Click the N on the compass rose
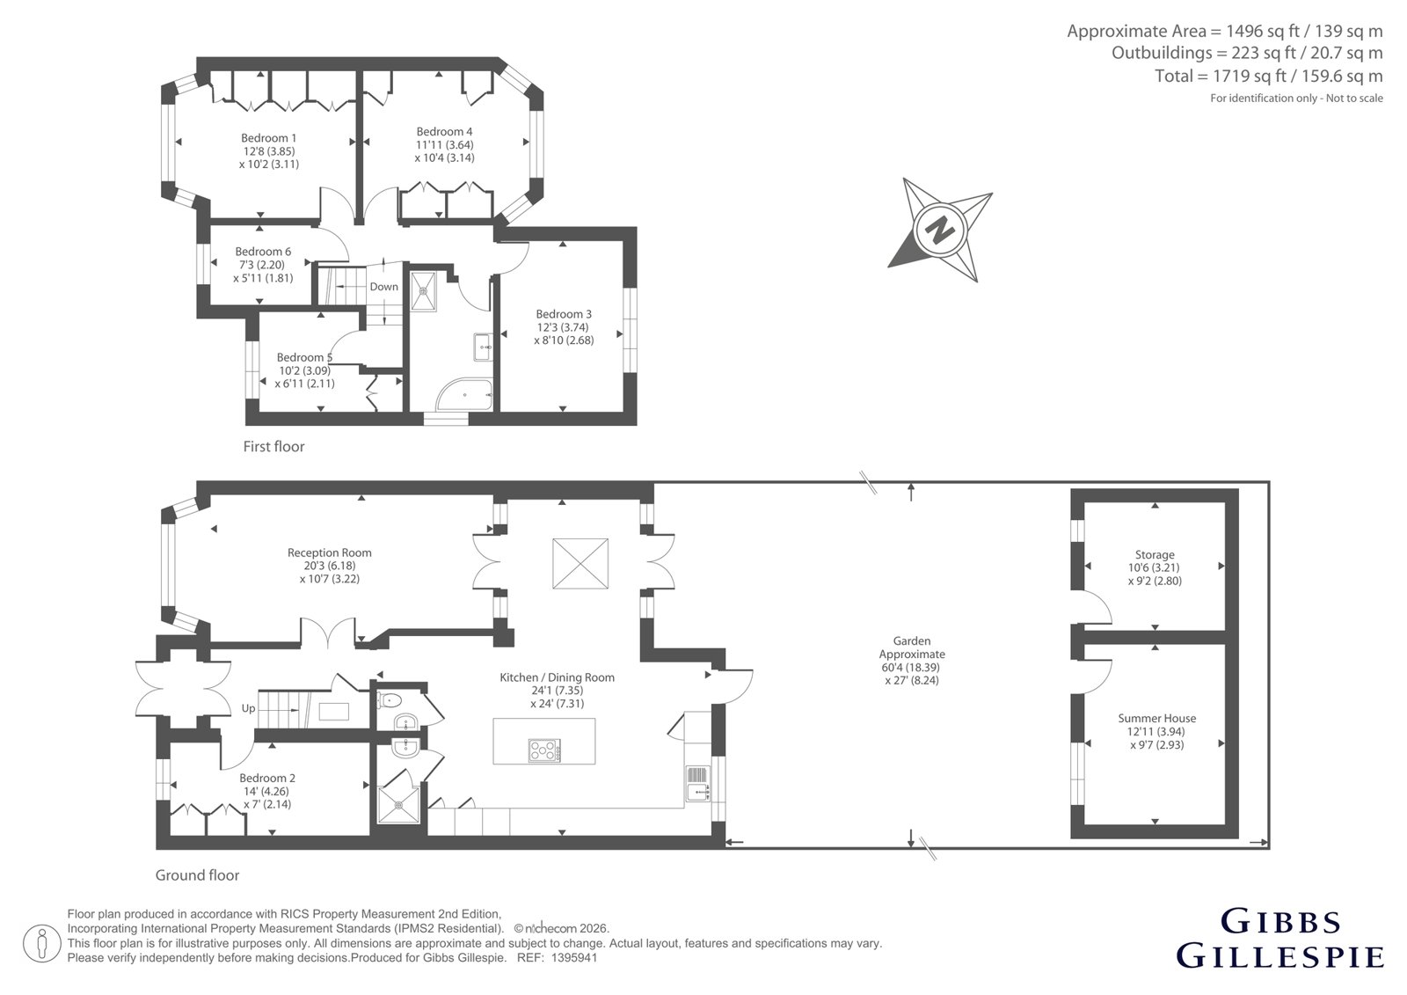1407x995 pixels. pos(940,230)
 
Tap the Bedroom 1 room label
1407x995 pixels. pos(269,137)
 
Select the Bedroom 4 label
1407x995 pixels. pos(444,131)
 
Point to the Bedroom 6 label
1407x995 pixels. pos(263,252)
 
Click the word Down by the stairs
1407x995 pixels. pos(383,287)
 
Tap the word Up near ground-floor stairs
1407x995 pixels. pos(249,708)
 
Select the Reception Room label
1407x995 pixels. pos(330,552)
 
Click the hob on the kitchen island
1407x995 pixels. pos(544,750)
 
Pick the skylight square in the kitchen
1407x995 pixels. pos(580,563)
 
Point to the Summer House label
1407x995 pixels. pos(1157,718)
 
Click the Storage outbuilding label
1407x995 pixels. pos(1155,554)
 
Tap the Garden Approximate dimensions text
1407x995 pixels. pos(912,660)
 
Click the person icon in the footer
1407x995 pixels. pos(42,943)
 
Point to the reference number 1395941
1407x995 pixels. pos(574,958)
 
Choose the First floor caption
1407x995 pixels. pos(273,446)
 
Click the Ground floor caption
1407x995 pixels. pos(197,875)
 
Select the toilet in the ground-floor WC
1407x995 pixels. pos(390,699)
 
